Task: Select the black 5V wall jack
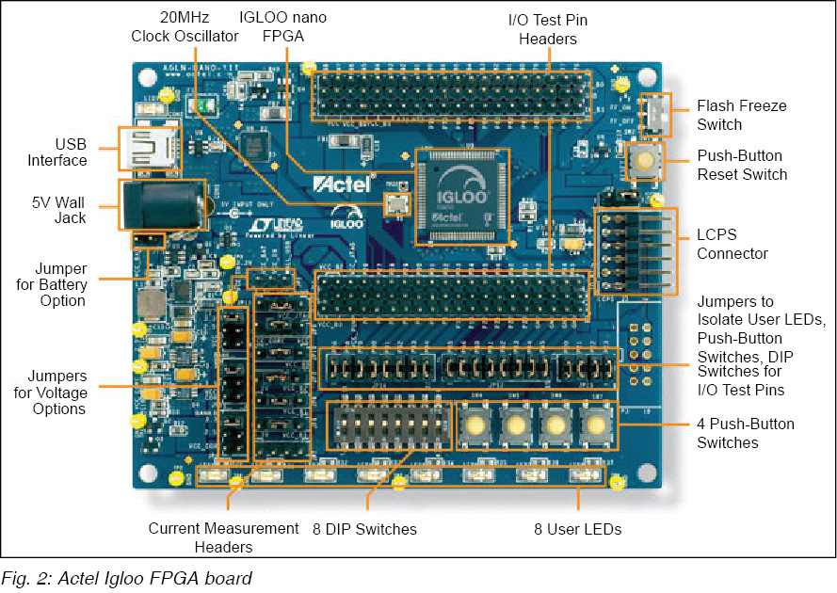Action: point(161,204)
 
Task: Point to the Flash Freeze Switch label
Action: point(741,115)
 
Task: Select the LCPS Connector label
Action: point(732,244)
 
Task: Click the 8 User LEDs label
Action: point(577,529)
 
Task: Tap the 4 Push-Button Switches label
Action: point(746,433)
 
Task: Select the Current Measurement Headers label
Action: point(223,537)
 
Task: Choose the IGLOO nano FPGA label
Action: point(284,27)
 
